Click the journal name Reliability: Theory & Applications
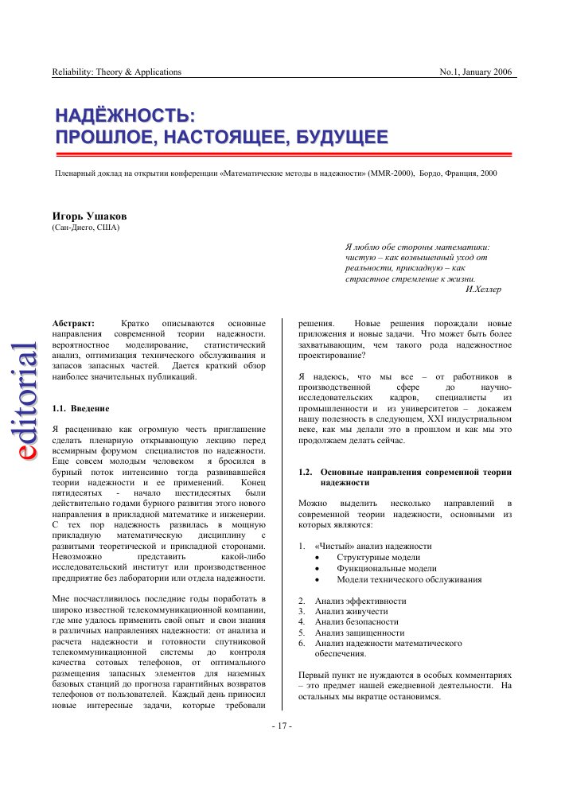click(116, 72)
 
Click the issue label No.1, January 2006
click(476, 72)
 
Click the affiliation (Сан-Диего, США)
click(85, 228)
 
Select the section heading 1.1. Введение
click(80, 408)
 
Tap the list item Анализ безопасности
click(356, 621)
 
